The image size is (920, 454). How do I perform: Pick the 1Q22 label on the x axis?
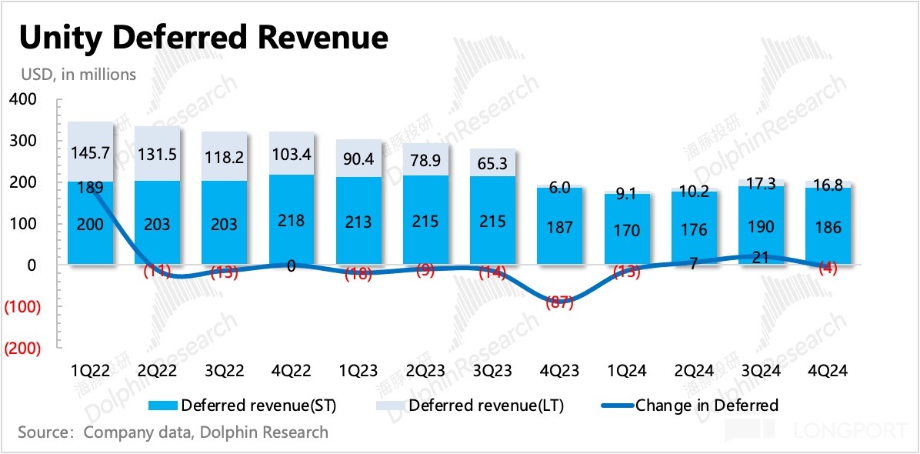pyautogui.click(x=91, y=371)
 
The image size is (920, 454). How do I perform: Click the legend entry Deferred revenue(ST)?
pyautogui.click(x=250, y=406)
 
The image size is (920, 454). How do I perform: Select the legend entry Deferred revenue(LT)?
pyautogui.click(x=478, y=406)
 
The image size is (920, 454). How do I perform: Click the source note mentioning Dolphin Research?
pyautogui.click(x=173, y=432)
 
